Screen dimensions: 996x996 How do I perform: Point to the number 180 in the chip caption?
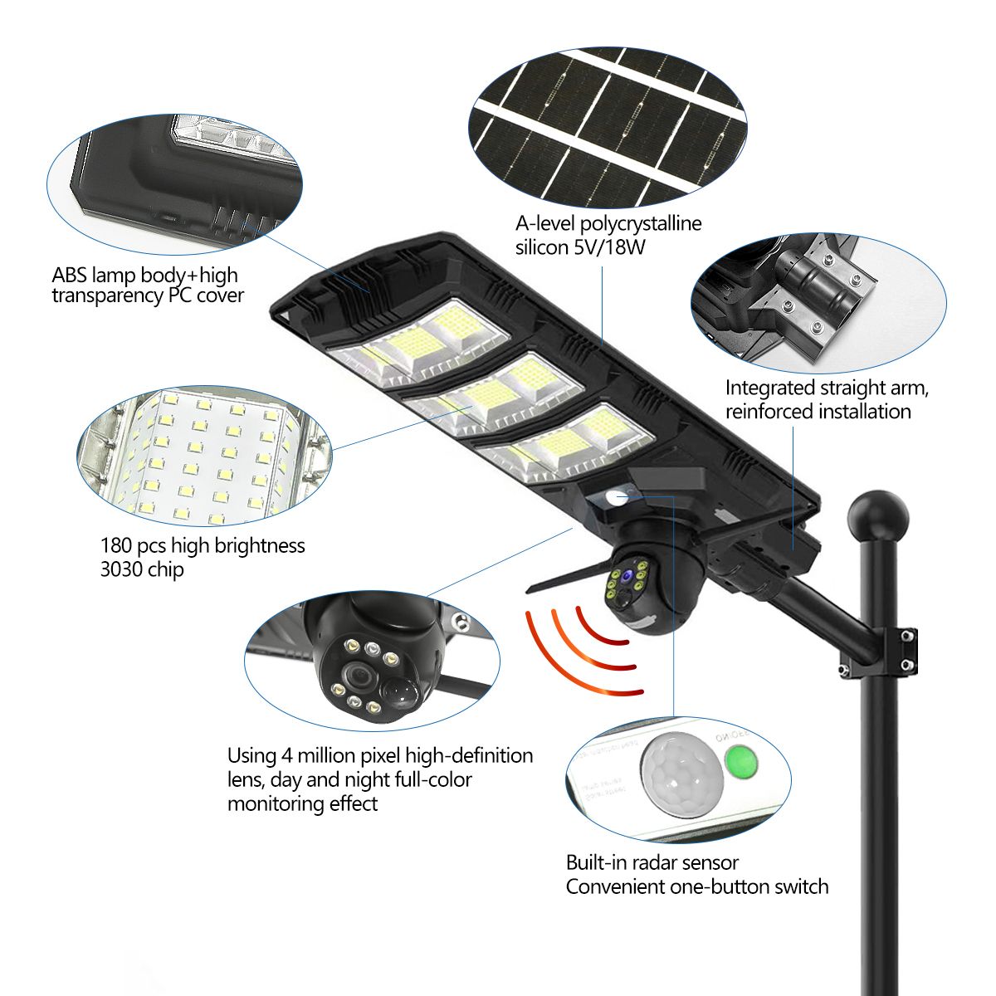click(x=116, y=546)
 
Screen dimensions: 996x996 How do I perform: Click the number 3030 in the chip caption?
click(x=121, y=570)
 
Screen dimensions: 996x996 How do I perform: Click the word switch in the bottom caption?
click(x=800, y=887)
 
